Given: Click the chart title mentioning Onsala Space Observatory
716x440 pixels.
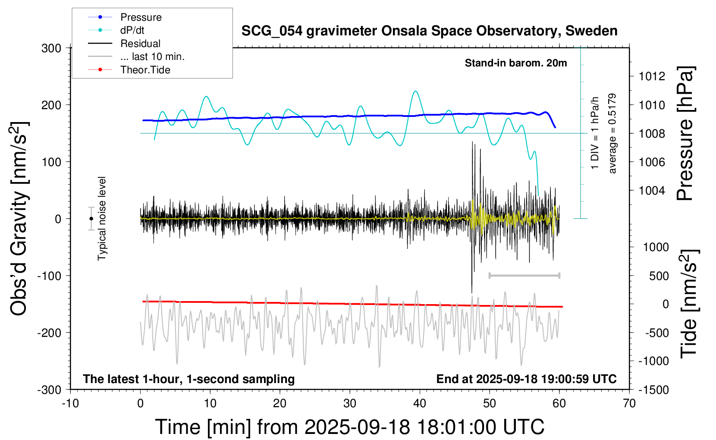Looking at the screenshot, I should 429,31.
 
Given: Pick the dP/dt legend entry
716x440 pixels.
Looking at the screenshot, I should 132,30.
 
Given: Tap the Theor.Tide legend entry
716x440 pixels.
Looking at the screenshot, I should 145,70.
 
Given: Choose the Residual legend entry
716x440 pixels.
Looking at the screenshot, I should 140,44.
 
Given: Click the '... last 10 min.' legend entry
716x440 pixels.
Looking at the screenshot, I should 152,57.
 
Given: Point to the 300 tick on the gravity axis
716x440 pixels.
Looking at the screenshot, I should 51,48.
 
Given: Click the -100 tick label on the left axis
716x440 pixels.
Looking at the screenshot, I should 49,276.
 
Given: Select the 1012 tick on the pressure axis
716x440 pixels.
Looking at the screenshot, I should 652,76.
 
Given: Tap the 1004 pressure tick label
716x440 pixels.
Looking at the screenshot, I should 652,190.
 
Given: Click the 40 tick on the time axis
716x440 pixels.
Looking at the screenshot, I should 420,403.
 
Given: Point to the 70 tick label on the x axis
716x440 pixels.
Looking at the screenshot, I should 629,403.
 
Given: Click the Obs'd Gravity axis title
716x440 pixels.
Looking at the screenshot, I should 19,219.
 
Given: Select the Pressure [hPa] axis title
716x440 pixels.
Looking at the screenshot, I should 685,133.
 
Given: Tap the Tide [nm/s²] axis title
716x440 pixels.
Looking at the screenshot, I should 689,304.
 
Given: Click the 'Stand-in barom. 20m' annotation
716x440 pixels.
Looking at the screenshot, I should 516,63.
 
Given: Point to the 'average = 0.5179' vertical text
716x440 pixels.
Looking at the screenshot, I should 612,133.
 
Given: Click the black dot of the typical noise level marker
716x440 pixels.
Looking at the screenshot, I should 91,219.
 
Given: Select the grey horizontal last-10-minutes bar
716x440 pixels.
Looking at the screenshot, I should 524,275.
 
